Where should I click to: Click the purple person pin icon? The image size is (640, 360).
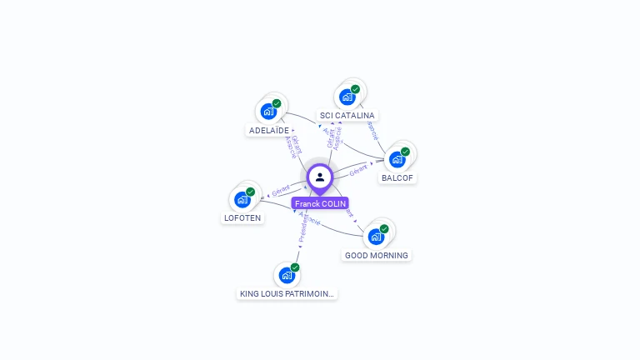click(320, 177)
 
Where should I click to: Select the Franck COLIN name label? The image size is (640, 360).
click(320, 203)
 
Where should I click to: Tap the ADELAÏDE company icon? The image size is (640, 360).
click(268, 111)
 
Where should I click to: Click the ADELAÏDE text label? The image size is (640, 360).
click(269, 131)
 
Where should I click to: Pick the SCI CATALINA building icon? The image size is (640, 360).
click(347, 97)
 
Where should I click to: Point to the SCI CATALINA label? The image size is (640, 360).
click(347, 116)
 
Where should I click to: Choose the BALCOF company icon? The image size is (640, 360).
click(397, 158)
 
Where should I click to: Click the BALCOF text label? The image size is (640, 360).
click(397, 177)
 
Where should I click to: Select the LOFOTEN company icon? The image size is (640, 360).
click(242, 199)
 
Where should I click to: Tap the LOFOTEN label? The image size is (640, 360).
click(242, 218)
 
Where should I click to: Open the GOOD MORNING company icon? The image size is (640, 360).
click(377, 236)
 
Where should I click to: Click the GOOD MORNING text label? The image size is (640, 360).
click(377, 256)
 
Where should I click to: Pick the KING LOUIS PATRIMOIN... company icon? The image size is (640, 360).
click(287, 274)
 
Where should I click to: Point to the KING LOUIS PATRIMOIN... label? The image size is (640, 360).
click(287, 294)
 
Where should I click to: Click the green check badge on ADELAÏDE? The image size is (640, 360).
click(277, 103)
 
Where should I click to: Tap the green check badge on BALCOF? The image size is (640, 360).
click(405, 152)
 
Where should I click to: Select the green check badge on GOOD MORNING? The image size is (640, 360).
click(384, 228)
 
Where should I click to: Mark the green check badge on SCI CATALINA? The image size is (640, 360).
click(355, 89)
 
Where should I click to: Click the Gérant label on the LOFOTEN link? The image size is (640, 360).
click(280, 191)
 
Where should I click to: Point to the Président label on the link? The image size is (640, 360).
click(304, 231)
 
